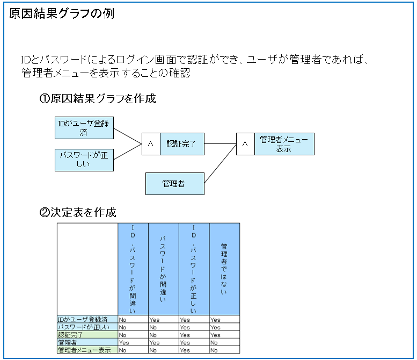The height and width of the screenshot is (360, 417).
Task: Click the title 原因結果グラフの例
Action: pos(62,13)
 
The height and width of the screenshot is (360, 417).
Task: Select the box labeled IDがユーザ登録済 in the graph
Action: pos(84,128)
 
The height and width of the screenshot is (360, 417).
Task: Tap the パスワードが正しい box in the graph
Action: pos(84,160)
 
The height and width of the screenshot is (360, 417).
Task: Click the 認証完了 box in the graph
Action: pos(182,144)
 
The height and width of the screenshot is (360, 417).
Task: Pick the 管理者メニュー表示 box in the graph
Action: pos(284,144)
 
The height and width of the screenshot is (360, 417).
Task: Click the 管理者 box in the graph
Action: pos(175,184)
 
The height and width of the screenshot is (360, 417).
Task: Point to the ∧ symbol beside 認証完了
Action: pos(150,144)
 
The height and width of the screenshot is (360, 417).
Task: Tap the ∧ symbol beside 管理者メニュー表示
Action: pos(245,144)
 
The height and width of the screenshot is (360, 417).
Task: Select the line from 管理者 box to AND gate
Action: pos(220,163)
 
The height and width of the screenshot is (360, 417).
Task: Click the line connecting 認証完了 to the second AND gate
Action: pos(220,144)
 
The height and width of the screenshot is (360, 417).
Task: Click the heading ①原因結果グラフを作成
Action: pos(97,98)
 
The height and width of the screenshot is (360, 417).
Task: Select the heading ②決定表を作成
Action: pos(78,212)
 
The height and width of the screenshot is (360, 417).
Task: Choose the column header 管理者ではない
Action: pos(224,269)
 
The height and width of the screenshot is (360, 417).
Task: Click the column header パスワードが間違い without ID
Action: pos(163,269)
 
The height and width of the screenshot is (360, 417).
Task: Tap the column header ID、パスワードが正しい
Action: pos(194,269)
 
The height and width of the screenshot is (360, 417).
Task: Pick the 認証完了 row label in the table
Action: pos(70,335)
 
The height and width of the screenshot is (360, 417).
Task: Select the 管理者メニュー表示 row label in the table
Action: pos(84,350)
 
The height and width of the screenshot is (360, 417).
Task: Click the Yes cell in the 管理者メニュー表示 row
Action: pos(185,350)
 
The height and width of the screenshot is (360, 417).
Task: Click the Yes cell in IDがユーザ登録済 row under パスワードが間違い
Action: pos(154,320)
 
